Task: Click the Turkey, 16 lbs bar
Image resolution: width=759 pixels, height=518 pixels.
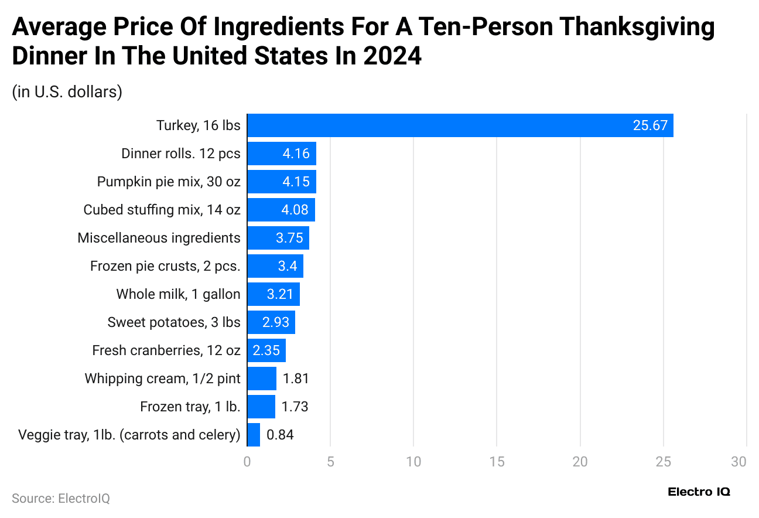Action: pyautogui.click(x=460, y=125)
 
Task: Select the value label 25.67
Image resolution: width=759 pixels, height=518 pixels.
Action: pyautogui.click(x=650, y=125)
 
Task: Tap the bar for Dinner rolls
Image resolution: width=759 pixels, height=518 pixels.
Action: pyautogui.click(x=281, y=154)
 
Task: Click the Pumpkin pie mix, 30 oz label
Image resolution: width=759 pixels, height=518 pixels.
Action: pyautogui.click(x=169, y=182)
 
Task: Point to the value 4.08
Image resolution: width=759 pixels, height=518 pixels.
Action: pyautogui.click(x=295, y=210)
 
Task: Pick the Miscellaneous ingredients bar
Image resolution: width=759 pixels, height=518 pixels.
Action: pyautogui.click(x=278, y=238)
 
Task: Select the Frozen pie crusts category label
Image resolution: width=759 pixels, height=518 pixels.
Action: pyautogui.click(x=165, y=266)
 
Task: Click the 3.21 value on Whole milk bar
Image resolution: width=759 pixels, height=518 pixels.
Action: pyautogui.click(x=280, y=294)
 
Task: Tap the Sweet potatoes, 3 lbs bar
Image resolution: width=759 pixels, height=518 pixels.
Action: pyautogui.click(x=271, y=322)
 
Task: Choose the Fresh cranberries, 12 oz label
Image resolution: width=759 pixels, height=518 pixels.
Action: pyautogui.click(x=166, y=350)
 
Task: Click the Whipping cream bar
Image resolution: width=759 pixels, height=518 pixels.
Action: pyautogui.click(x=261, y=379)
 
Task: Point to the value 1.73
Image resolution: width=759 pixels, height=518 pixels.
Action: pyautogui.click(x=295, y=407)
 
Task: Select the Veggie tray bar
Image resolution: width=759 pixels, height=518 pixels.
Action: pyautogui.click(x=254, y=435)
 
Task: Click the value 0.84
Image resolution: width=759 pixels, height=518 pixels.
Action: pyautogui.click(x=280, y=435)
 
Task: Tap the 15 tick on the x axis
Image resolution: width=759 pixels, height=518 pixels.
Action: pyautogui.click(x=497, y=462)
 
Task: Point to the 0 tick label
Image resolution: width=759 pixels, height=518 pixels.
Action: pyautogui.click(x=247, y=462)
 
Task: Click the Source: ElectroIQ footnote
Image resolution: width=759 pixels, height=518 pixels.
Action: pyautogui.click(x=61, y=498)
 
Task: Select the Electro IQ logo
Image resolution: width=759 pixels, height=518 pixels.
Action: pyautogui.click(x=699, y=492)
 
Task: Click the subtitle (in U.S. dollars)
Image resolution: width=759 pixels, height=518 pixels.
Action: pyautogui.click(x=67, y=92)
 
